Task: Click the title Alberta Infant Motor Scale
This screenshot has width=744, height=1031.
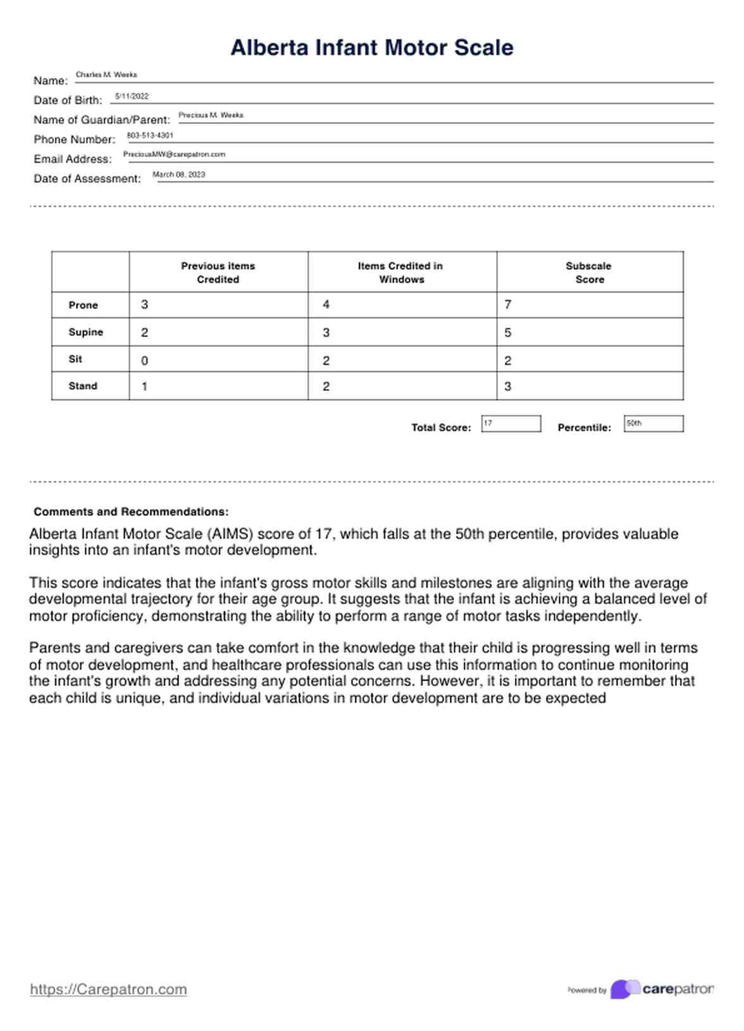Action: [x=371, y=47]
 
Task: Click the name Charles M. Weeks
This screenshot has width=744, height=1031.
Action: [x=106, y=75]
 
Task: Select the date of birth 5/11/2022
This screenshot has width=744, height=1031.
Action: [x=132, y=96]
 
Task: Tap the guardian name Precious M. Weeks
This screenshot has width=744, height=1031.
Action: [x=211, y=115]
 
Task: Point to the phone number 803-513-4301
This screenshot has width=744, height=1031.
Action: [x=150, y=135]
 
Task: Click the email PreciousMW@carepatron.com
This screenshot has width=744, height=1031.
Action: [x=174, y=154]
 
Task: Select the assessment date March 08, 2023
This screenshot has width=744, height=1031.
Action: [x=178, y=175]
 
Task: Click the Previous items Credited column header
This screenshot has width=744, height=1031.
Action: [x=218, y=273]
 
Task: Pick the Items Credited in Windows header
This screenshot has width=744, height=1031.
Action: [x=400, y=273]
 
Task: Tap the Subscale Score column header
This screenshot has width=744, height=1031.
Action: [x=589, y=273]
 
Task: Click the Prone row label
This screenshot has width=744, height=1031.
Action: [x=83, y=305]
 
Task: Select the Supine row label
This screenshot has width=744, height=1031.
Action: [x=85, y=332]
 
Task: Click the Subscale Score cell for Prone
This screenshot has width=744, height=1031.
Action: [x=589, y=305]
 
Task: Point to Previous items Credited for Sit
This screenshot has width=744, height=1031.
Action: [x=218, y=361]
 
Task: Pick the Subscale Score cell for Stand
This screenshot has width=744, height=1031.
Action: [x=589, y=386]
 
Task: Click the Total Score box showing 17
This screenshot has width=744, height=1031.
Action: [x=511, y=424]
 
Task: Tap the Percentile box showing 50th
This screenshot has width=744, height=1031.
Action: [x=653, y=424]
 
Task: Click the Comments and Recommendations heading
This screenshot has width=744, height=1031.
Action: [x=131, y=512]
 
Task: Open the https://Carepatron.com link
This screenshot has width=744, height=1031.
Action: [x=108, y=989]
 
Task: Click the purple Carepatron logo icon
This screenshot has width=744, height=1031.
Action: [x=624, y=989]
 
